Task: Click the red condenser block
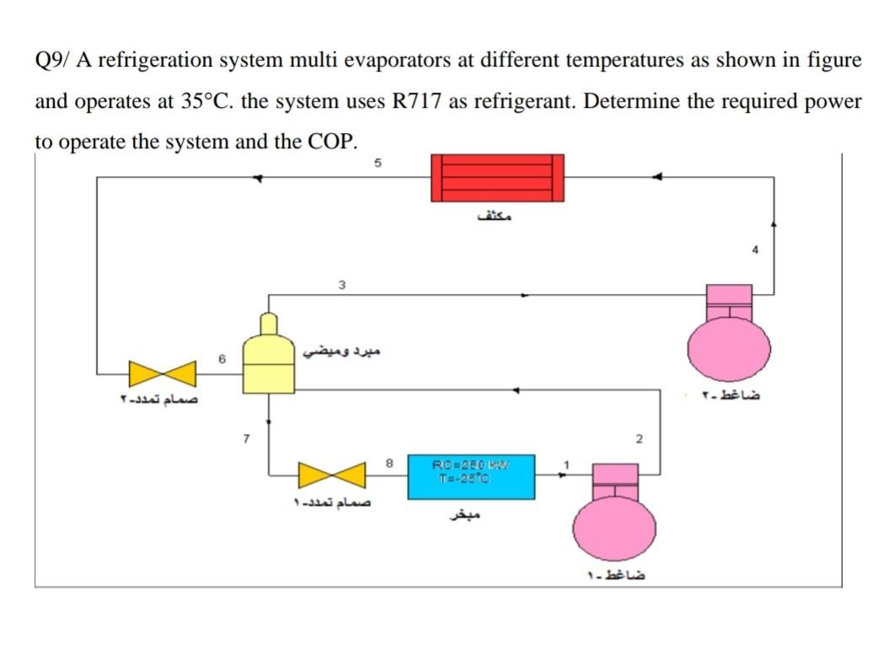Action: [x=497, y=178]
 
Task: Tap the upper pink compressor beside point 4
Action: [x=728, y=341]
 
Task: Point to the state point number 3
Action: [x=341, y=284]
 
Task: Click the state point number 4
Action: [x=756, y=249]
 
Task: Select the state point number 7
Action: [x=245, y=438]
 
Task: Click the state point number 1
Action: [x=567, y=463]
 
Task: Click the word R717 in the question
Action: [x=418, y=101]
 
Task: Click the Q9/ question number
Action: [x=54, y=61]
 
